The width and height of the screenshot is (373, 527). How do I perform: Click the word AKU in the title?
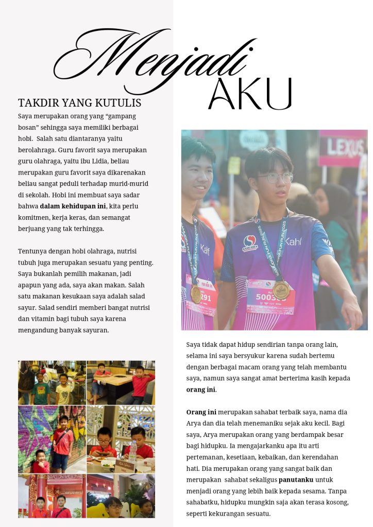[250, 94]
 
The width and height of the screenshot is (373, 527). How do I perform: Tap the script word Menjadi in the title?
[155, 59]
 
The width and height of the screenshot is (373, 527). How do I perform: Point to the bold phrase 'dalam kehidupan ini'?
[73, 206]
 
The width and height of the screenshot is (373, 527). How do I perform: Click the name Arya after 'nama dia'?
[195, 424]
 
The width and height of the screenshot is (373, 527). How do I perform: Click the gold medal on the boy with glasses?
[281, 290]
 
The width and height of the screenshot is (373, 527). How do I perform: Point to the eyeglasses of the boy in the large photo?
[275, 178]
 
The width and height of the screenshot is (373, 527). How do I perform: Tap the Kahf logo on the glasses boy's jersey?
[293, 241]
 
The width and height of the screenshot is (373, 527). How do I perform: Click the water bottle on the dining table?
[132, 452]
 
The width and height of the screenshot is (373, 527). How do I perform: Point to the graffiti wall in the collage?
[36, 427]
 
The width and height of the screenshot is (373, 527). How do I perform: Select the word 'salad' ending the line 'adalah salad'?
[136, 296]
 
